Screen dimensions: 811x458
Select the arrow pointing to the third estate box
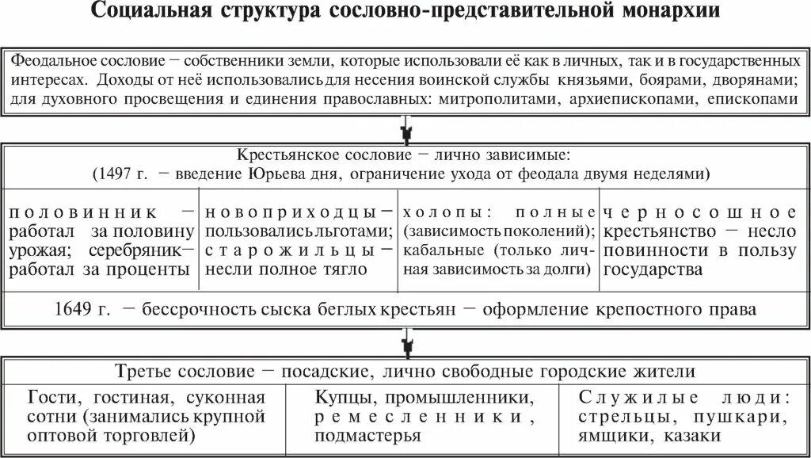(x=405, y=342)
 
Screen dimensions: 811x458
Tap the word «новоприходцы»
(x=291, y=212)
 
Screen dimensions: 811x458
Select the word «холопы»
(x=441, y=212)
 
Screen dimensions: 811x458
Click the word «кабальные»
(x=440, y=250)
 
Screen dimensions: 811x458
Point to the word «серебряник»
(x=149, y=250)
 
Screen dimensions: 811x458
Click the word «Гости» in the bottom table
(x=51, y=397)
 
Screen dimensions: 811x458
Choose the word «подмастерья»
(x=367, y=435)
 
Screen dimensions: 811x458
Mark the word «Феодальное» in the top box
(x=55, y=60)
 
